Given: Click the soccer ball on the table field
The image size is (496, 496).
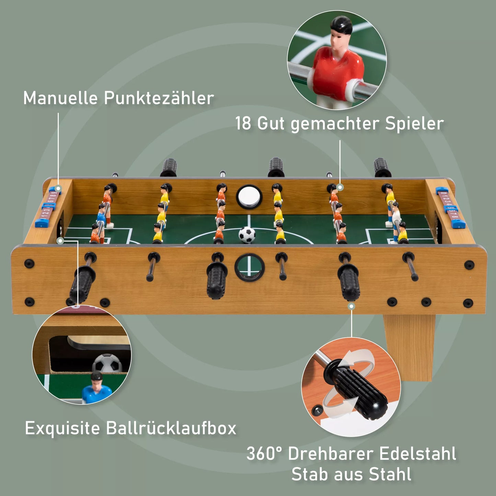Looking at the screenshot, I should pos(247,235).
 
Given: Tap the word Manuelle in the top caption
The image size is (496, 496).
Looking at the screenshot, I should pos(60,98).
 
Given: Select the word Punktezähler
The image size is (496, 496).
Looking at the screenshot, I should pos(159,98).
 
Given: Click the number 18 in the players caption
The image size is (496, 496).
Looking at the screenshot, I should pos(243,124).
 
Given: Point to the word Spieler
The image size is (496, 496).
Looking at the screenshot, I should pos(414,124).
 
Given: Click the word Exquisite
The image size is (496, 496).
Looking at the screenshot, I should pos(62,428).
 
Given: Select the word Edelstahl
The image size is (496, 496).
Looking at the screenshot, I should pos(418,454).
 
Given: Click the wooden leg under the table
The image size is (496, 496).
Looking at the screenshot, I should pos(410,347).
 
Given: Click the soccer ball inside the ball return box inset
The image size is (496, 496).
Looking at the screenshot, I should pos(107,364).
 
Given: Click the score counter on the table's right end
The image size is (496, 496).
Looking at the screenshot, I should pos(450,208).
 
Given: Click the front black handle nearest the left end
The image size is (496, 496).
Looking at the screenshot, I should pos(82,283).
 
